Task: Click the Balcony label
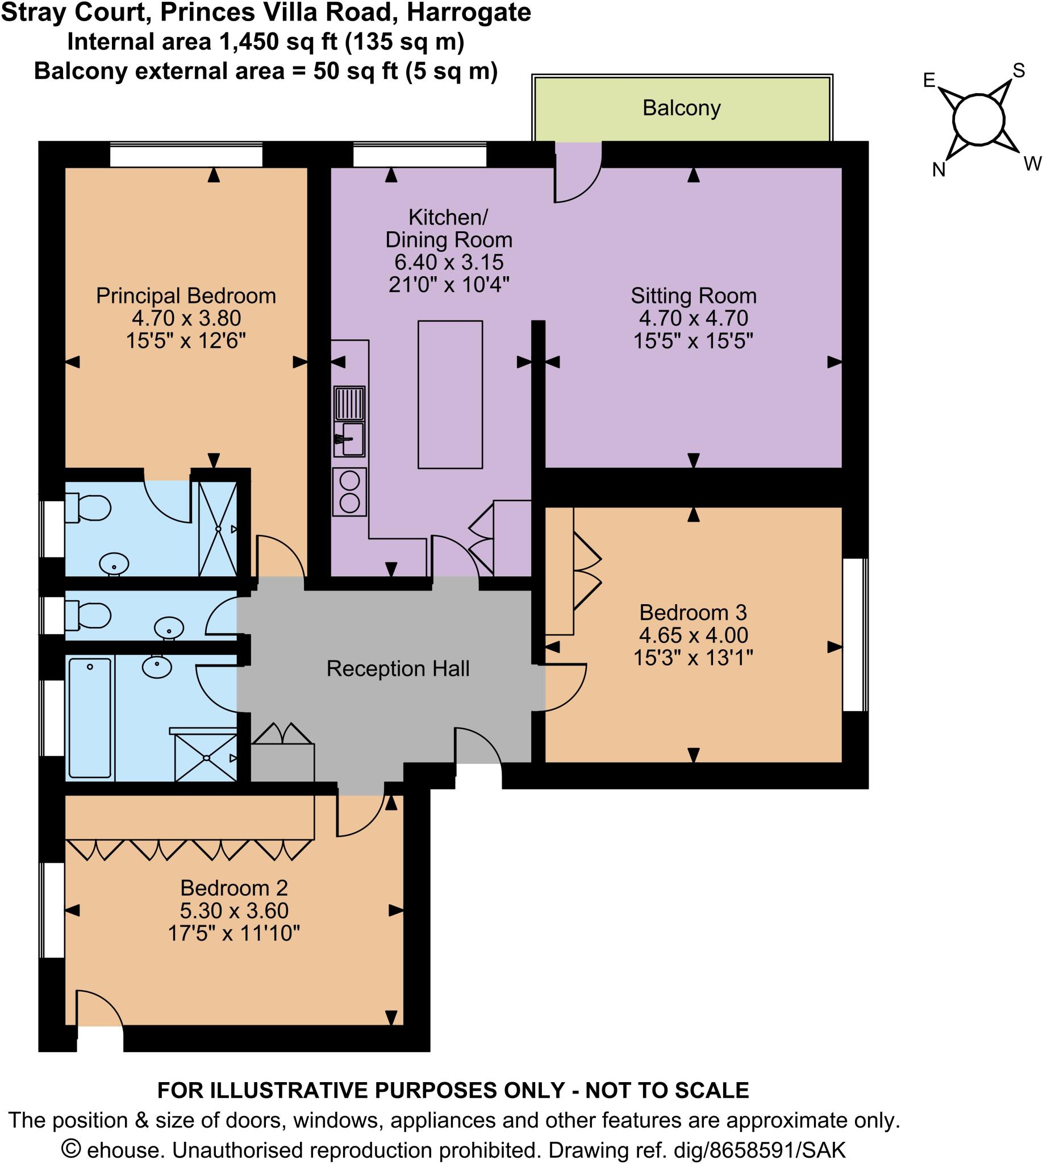click(681, 108)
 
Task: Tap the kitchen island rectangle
click(450, 394)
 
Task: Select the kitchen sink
click(349, 439)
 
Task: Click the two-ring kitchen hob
click(349, 493)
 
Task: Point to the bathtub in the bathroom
click(89, 717)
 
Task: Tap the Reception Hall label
click(398, 668)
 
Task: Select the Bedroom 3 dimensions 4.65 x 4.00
click(693, 635)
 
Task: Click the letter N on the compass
click(938, 170)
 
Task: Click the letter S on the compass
click(1019, 70)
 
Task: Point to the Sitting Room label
click(694, 296)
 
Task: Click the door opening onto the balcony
click(578, 172)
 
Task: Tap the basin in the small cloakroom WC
click(169, 627)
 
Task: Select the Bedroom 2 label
click(234, 888)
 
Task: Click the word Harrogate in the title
click(469, 13)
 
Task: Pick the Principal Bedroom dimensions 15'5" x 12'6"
click(186, 341)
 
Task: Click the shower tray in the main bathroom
click(206, 758)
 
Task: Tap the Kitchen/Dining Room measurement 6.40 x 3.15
click(449, 262)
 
